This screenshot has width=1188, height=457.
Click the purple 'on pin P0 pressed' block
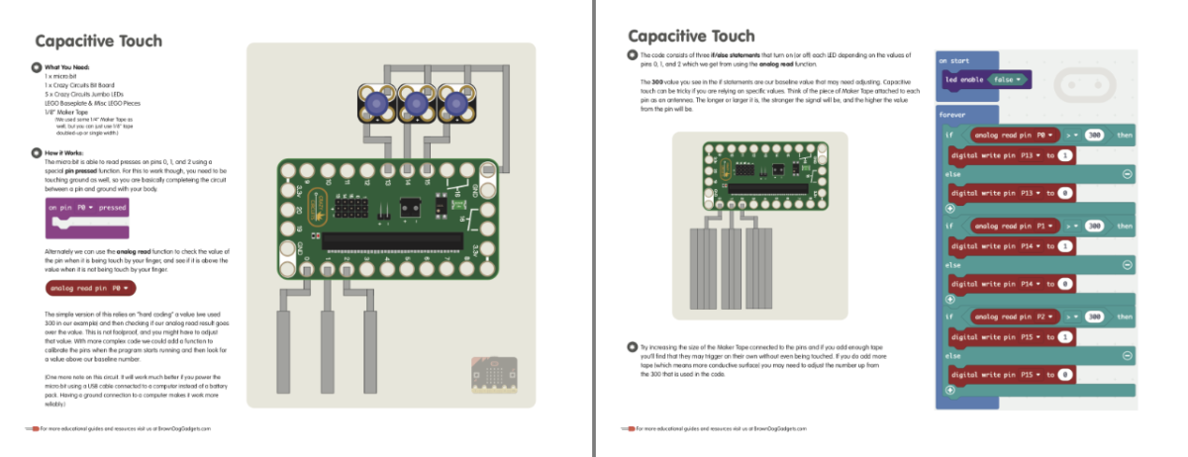click(87, 210)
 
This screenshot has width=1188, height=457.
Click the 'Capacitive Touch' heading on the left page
click(98, 41)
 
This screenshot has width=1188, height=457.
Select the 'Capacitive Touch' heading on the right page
click(690, 37)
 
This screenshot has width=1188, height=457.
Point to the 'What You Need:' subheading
click(69, 67)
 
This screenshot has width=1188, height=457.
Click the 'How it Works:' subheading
click(66, 154)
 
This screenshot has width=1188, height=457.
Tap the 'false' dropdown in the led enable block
click(1009, 79)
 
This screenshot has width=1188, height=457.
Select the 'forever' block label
click(953, 115)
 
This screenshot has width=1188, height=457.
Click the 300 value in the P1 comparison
click(1094, 227)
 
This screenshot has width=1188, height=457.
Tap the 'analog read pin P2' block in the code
click(1015, 317)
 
